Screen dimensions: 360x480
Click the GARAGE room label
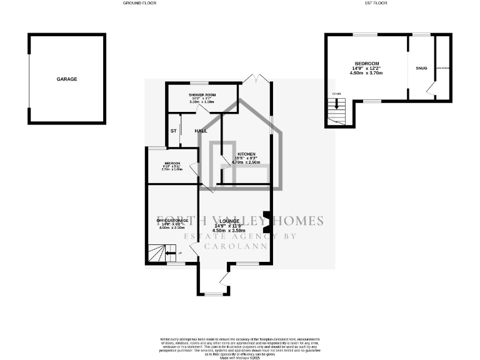point(67,79)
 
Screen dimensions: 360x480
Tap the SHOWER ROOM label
point(202,94)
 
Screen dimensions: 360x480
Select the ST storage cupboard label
point(174,131)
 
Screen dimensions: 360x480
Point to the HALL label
point(201,131)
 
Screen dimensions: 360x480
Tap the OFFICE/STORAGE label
point(172,221)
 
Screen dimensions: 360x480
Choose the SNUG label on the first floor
point(421,67)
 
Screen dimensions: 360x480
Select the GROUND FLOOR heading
point(139,3)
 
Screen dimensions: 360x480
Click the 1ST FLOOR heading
point(375,3)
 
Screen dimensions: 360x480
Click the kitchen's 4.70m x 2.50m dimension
point(246,162)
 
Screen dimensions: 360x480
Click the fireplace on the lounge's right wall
point(267,222)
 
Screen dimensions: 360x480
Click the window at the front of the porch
point(213,294)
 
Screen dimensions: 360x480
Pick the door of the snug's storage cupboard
point(431,92)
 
